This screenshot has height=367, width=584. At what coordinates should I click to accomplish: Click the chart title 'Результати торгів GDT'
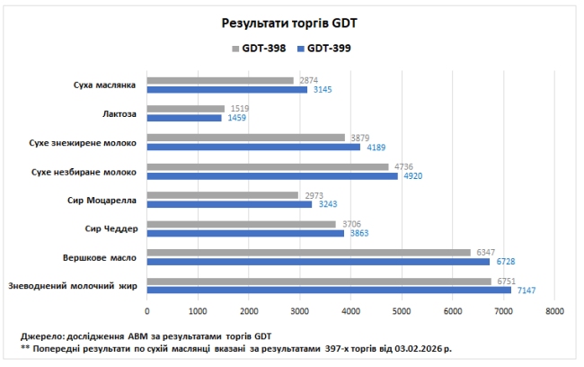click(292, 22)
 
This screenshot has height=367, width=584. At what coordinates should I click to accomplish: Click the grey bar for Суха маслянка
click(220, 80)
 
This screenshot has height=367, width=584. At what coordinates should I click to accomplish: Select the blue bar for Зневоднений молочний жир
click(328, 290)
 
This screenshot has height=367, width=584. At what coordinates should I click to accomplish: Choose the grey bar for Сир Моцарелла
click(222, 194)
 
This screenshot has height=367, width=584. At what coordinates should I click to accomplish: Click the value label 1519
click(238, 109)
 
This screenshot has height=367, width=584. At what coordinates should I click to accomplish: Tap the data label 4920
click(411, 175)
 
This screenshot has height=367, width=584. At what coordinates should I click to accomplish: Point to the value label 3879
click(358, 138)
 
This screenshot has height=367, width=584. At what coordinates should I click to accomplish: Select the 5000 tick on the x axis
click(402, 311)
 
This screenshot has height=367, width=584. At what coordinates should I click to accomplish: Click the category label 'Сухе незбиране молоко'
click(84, 171)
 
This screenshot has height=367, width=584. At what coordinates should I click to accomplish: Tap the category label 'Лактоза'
click(119, 113)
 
